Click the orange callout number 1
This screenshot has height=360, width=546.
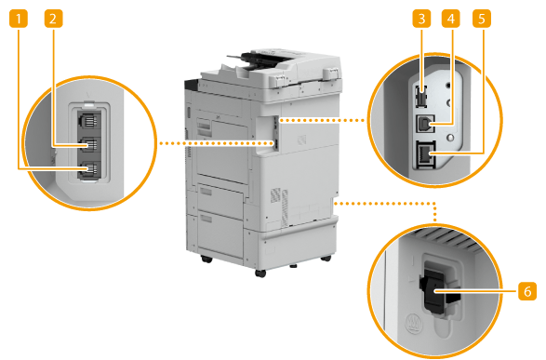pos(18,19)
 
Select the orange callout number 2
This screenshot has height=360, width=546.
pos(53,19)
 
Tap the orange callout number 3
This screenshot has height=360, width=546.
pos(421,19)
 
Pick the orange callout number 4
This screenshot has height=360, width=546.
pos(450,19)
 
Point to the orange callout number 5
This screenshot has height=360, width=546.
pos(482,19)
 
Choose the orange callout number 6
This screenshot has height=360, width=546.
pos(527,290)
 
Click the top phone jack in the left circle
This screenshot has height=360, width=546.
pos(88,120)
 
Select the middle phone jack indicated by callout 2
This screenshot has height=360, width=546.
pos(88,144)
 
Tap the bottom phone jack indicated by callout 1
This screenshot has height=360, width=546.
pos(88,169)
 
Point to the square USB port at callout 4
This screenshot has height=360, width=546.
pos(425,123)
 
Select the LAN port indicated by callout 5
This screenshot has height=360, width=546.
pos(425,155)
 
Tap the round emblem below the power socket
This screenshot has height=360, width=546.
pos(413,323)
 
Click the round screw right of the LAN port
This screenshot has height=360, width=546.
pos(450,138)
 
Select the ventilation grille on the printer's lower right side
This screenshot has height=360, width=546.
pos(280,205)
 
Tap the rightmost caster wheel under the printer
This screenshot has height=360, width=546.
pos(326,258)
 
